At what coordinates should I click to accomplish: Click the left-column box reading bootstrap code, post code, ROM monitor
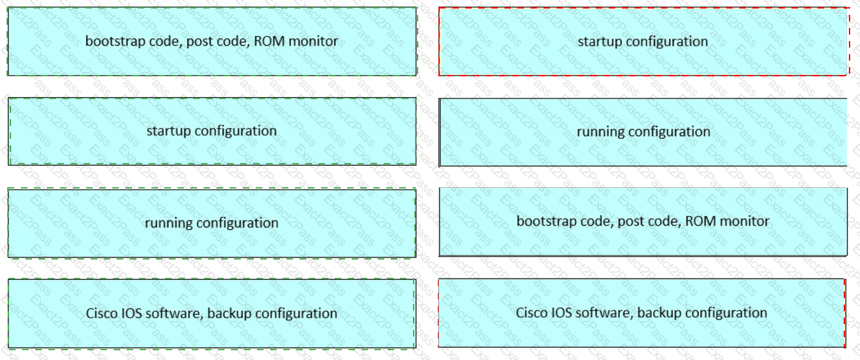pyautogui.click(x=211, y=42)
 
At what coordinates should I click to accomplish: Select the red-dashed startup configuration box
pyautogui.click(x=643, y=42)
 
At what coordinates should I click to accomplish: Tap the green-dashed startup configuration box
pyautogui.click(x=211, y=131)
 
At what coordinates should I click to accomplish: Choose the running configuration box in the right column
pyautogui.click(x=643, y=132)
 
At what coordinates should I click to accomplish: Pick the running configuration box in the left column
pyautogui.click(x=211, y=223)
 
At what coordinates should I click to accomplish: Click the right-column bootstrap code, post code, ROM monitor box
pyautogui.click(x=643, y=222)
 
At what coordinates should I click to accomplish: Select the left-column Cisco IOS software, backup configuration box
pyautogui.click(x=211, y=314)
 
